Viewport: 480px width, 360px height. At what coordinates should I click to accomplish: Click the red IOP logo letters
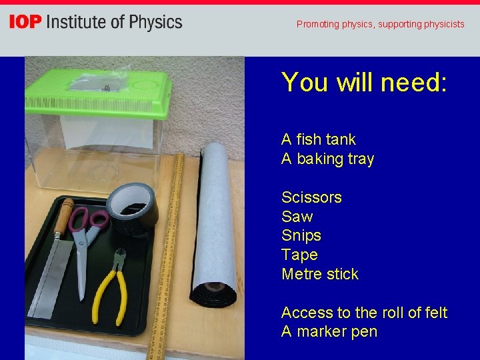coord(25,22)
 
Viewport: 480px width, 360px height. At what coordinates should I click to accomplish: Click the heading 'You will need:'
coord(364,82)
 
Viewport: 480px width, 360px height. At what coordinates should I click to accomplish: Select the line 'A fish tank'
coord(318,139)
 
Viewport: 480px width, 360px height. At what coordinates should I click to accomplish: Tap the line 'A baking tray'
coord(327,159)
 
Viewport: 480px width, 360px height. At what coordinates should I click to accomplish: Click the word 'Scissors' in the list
coord(311,197)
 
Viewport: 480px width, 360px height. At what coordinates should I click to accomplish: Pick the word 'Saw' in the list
coord(297,217)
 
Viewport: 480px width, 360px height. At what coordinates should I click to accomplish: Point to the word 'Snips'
coord(301,235)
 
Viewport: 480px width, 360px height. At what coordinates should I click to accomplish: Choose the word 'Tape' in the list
coord(299,255)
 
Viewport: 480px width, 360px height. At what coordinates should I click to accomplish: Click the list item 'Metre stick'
coord(320,274)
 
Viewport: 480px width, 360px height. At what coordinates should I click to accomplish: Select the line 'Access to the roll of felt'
coord(364,313)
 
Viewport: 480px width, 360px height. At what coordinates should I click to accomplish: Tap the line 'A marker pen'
coord(329,331)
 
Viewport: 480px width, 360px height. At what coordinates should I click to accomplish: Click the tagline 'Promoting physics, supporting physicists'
coord(380,24)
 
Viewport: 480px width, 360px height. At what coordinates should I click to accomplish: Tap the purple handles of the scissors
coord(90,221)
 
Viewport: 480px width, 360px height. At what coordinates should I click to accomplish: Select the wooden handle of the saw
coord(65,217)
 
